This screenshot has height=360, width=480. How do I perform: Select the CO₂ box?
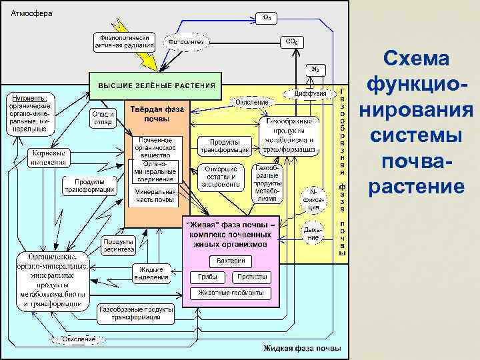coord(291,41)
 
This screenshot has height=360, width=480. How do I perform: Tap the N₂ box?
coord(315,69)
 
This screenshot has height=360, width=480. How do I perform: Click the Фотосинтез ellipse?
coord(186,42)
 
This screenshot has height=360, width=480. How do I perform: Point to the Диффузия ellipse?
coord(311,94)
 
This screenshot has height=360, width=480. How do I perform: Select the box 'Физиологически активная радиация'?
coord(124,42)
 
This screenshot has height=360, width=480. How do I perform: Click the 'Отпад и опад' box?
coord(103,118)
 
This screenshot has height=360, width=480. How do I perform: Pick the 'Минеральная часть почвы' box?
coord(155,195)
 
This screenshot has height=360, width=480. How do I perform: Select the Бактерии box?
coord(231,260)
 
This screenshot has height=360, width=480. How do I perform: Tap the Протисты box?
coord(252,276)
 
